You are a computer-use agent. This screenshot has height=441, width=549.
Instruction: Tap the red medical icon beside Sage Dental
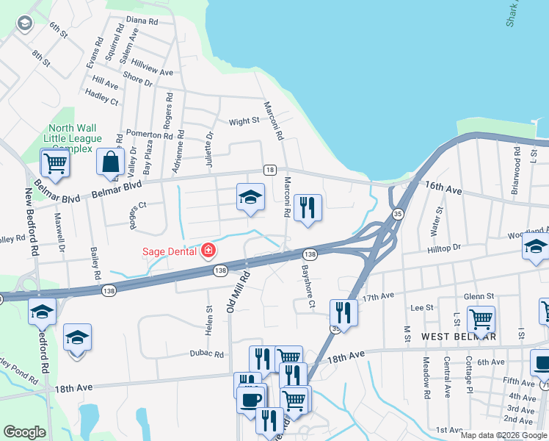tap(208, 251)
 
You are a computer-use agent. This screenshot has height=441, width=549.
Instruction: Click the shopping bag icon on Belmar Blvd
tap(109, 162)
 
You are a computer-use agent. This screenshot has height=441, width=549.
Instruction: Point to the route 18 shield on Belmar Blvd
tap(270, 170)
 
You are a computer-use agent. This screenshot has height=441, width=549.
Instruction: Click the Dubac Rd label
tap(209, 354)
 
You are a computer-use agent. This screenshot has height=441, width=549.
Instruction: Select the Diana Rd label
tap(142, 21)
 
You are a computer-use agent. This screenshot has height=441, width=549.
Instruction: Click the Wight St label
tap(244, 121)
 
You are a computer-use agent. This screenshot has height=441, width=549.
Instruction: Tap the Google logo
tap(25, 432)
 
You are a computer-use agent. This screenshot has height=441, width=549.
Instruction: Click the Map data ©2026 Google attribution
tap(503, 435)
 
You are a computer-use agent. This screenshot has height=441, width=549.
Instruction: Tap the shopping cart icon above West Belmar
tap(481, 320)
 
